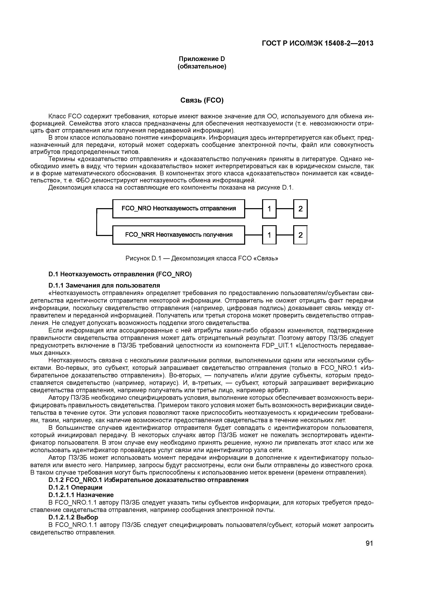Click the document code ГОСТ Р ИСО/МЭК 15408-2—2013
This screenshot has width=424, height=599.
coord(317,43)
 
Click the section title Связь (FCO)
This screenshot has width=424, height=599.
coord(202,100)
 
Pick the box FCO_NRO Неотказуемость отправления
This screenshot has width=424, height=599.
coord(178,208)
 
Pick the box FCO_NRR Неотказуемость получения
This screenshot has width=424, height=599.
coord(178,235)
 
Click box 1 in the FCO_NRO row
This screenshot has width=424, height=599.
coord(269,209)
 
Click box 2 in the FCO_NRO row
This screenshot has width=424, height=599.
coord(300,209)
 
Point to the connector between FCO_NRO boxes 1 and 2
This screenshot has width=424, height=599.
coord(285,209)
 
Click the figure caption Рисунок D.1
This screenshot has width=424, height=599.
coord(202,258)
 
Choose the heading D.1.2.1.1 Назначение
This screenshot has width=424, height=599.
coord(81,495)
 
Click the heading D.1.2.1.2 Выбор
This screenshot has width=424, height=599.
coord(73,517)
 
